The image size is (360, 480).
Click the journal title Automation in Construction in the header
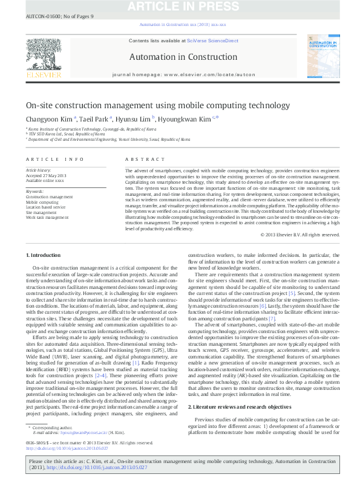coord(180,57)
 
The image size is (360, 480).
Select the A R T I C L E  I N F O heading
coord(54,159)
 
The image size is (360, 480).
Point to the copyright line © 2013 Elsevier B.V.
coord(299,235)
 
